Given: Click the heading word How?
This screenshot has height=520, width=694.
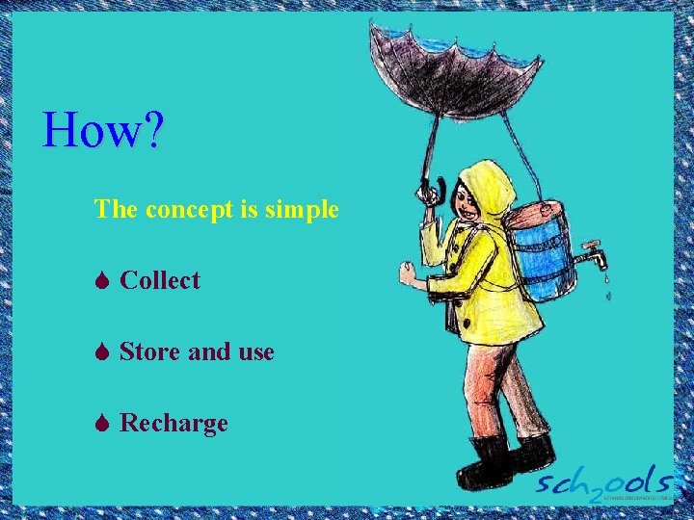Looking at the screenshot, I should (x=104, y=131).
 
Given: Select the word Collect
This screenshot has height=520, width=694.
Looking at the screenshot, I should (x=160, y=280).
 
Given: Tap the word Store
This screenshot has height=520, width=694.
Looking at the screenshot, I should (x=150, y=351).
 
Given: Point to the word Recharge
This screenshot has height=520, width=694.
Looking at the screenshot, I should (x=173, y=423).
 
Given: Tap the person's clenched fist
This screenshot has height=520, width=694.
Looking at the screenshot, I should (x=410, y=273).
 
